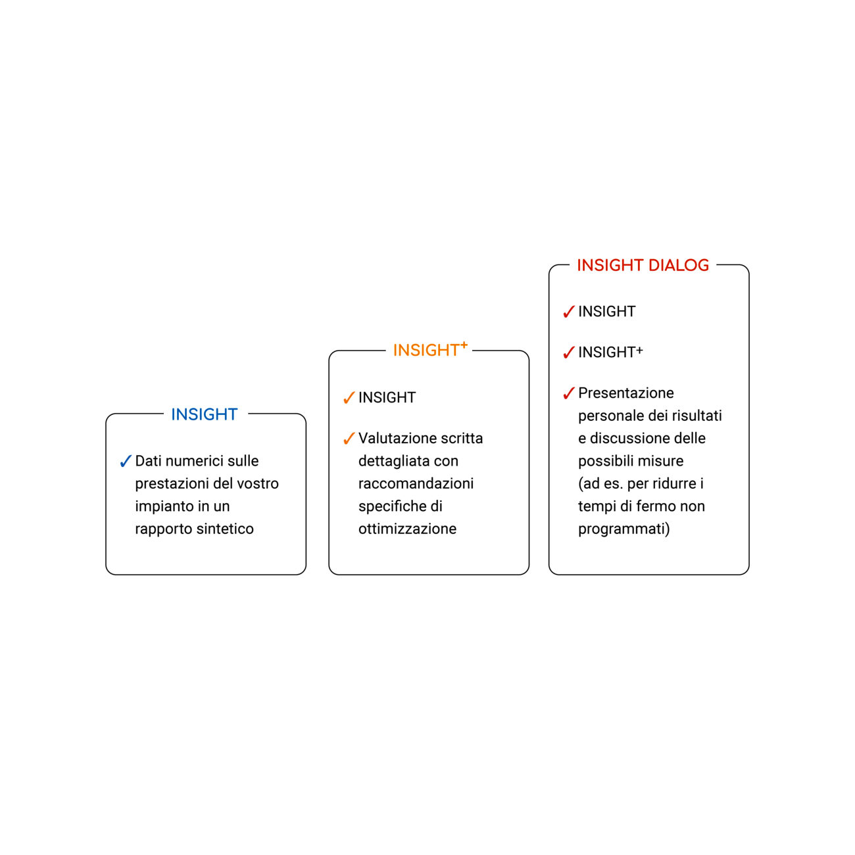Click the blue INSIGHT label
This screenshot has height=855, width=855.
point(205,414)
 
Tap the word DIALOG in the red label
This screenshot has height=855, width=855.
point(679,265)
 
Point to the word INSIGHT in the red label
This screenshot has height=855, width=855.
point(610,265)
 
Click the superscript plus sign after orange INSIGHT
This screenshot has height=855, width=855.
point(464,345)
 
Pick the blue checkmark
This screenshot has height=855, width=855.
point(126,462)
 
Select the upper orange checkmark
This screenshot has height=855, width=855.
point(349,398)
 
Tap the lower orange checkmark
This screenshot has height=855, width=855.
point(349,438)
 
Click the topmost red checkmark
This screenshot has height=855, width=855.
point(569,312)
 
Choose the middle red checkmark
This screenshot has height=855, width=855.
point(569,353)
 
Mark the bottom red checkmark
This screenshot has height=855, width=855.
point(569,393)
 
